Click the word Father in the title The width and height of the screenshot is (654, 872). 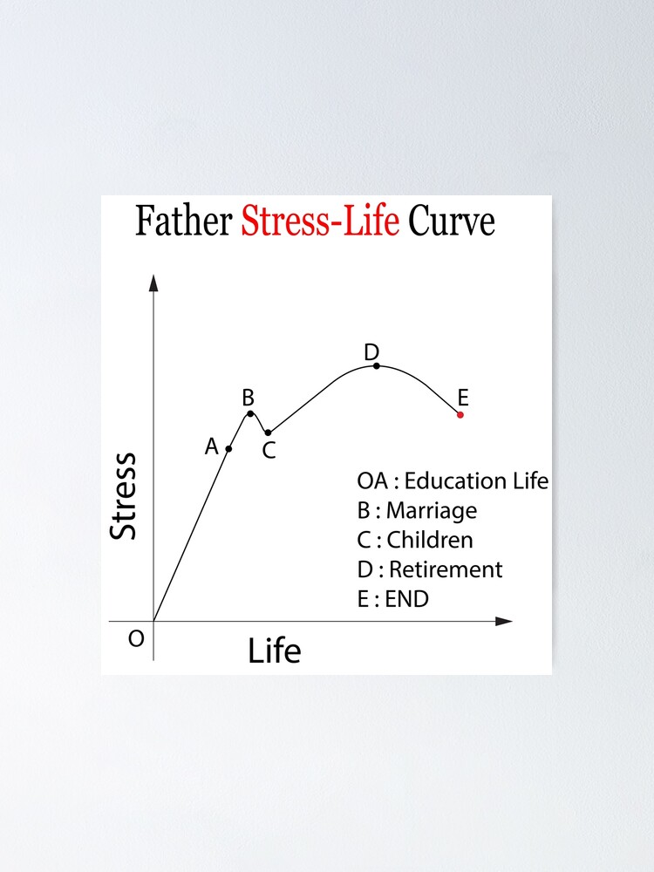184,221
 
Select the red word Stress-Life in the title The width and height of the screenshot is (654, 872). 320,221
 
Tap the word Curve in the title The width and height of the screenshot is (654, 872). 452,221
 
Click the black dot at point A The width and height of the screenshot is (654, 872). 229,449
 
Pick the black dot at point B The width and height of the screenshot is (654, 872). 250,413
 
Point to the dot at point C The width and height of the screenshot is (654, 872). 269,433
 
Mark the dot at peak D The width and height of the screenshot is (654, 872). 377,366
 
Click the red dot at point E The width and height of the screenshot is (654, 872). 460,414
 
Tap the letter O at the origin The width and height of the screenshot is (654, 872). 136,639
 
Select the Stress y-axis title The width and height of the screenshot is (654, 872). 124,495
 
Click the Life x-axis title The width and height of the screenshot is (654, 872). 274,651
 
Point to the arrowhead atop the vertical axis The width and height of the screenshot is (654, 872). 153,283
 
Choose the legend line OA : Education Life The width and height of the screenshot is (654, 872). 453,480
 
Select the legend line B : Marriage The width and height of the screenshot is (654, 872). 417,510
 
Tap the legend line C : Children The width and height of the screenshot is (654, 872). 415,540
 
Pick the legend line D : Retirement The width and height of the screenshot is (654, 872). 430,569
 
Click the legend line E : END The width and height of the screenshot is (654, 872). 393,599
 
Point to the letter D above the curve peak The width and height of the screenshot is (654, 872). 371,352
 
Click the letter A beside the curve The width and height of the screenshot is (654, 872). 211,446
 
